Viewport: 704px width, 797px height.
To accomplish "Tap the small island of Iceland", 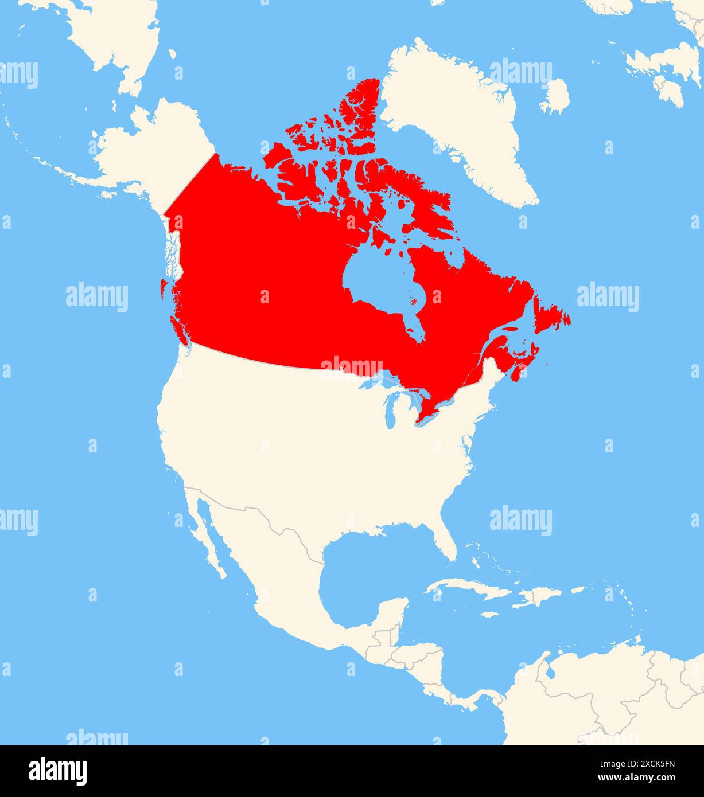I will point(555,96).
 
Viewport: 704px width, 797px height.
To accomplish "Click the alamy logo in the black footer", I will point(58,771).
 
